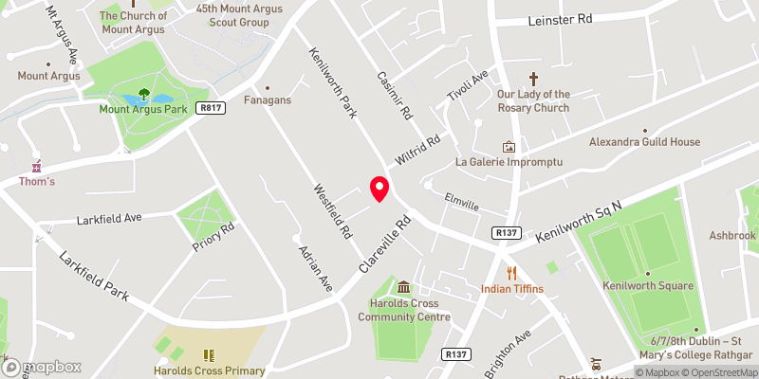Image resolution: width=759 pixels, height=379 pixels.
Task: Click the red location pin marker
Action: (379, 188)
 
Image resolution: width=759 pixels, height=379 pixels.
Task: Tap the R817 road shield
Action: (211, 109)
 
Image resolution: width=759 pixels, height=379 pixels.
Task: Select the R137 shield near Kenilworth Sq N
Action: (506, 232)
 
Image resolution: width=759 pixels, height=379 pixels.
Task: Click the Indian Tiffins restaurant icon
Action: (510, 273)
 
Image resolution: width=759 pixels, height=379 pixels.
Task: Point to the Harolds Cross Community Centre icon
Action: (404, 287)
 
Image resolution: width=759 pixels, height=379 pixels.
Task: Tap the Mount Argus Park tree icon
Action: (144, 94)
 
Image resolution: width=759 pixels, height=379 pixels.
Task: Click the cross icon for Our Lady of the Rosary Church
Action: (533, 79)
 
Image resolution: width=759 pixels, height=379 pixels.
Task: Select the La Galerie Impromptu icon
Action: (509, 147)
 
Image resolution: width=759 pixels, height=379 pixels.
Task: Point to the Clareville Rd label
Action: (383, 245)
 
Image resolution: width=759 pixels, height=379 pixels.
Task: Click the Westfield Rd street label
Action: (333, 210)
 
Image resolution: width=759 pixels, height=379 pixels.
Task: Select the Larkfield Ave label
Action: (109, 219)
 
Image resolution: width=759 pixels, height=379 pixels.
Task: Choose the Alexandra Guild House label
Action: (644, 142)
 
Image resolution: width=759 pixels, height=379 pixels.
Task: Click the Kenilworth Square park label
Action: (647, 286)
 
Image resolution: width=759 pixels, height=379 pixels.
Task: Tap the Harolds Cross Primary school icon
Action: (208, 355)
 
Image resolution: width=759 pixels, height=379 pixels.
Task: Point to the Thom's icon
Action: (37, 165)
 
